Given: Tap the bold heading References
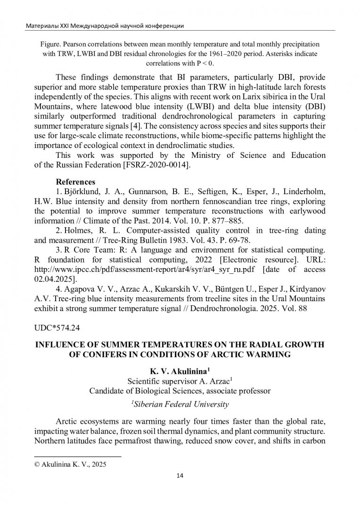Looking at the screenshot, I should click(x=76, y=181).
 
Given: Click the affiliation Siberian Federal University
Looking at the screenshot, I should click(x=180, y=404).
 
